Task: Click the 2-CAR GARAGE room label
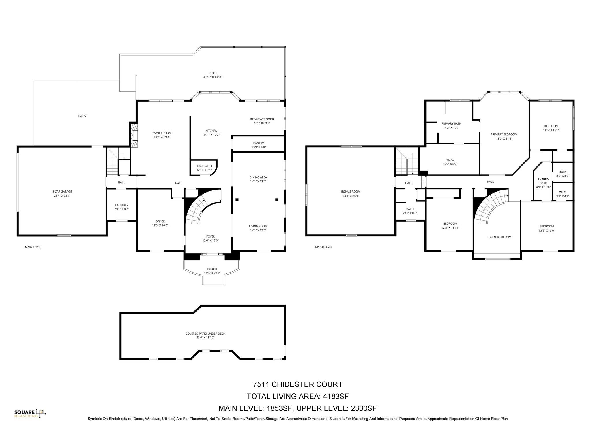click(x=62, y=191)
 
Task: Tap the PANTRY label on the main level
click(x=259, y=143)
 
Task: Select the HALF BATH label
click(x=204, y=166)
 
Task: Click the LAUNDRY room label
click(x=121, y=205)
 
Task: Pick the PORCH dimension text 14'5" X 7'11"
click(x=212, y=273)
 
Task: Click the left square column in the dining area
click(x=237, y=199)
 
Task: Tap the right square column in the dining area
click(x=277, y=199)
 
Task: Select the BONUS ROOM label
click(x=351, y=191)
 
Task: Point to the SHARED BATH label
click(x=543, y=181)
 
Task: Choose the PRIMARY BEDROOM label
click(x=504, y=134)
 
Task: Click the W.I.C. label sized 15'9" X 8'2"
click(x=450, y=160)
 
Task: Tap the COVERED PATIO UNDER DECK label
click(x=205, y=334)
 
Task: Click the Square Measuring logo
click(x=30, y=413)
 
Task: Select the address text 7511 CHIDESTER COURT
click(x=298, y=384)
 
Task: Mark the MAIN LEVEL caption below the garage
click(x=33, y=247)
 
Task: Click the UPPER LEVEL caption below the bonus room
click(x=323, y=247)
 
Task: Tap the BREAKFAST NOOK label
click(x=262, y=119)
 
